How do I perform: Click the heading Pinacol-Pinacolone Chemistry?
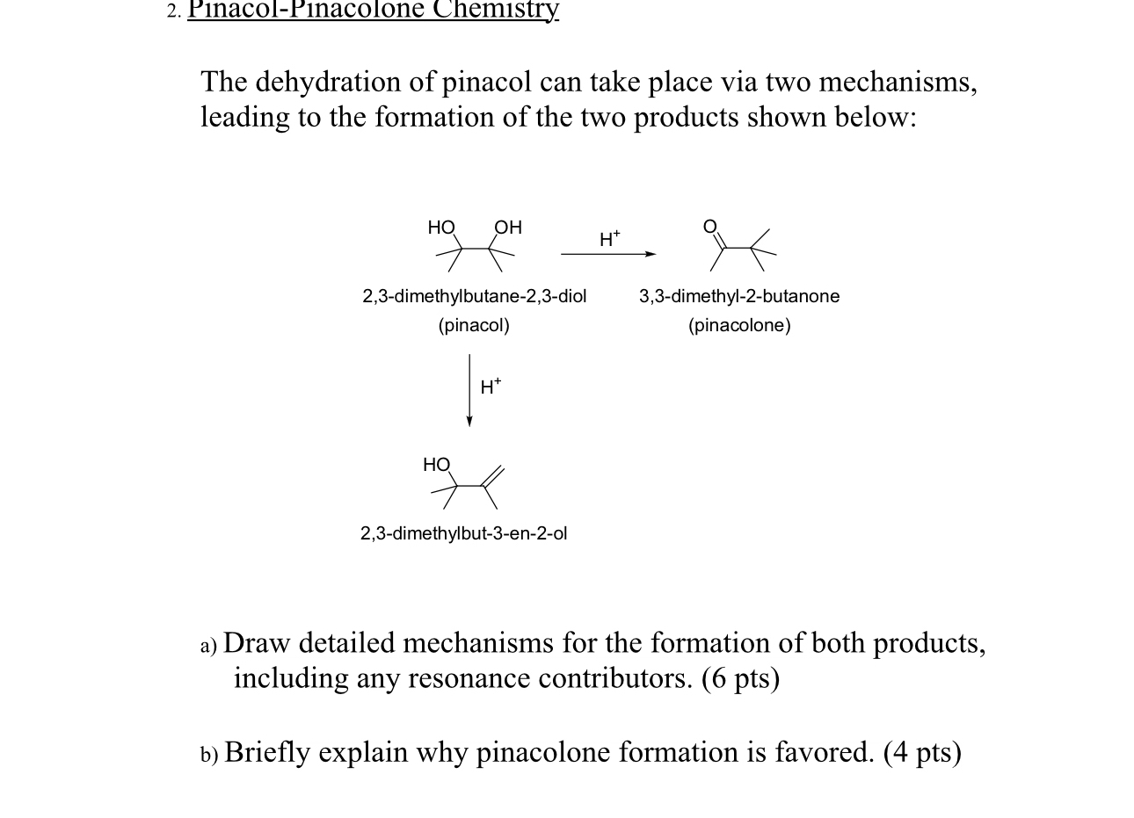(x=374, y=10)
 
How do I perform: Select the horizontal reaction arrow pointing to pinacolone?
(x=608, y=254)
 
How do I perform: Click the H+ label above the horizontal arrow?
(x=609, y=238)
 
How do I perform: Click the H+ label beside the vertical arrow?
(x=491, y=386)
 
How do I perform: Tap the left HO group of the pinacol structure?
(x=441, y=228)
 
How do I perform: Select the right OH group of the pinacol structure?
(x=508, y=228)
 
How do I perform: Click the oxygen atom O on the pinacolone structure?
(x=710, y=226)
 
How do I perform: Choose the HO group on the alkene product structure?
(x=436, y=464)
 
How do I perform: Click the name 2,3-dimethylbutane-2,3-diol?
(x=475, y=296)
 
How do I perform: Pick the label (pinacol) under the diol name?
(x=474, y=325)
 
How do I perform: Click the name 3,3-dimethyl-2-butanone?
(x=739, y=296)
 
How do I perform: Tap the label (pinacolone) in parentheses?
(x=739, y=325)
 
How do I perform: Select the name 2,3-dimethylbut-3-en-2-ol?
(x=464, y=533)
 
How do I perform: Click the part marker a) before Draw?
(x=208, y=646)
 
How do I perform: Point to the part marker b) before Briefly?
(x=208, y=754)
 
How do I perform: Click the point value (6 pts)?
(x=740, y=678)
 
